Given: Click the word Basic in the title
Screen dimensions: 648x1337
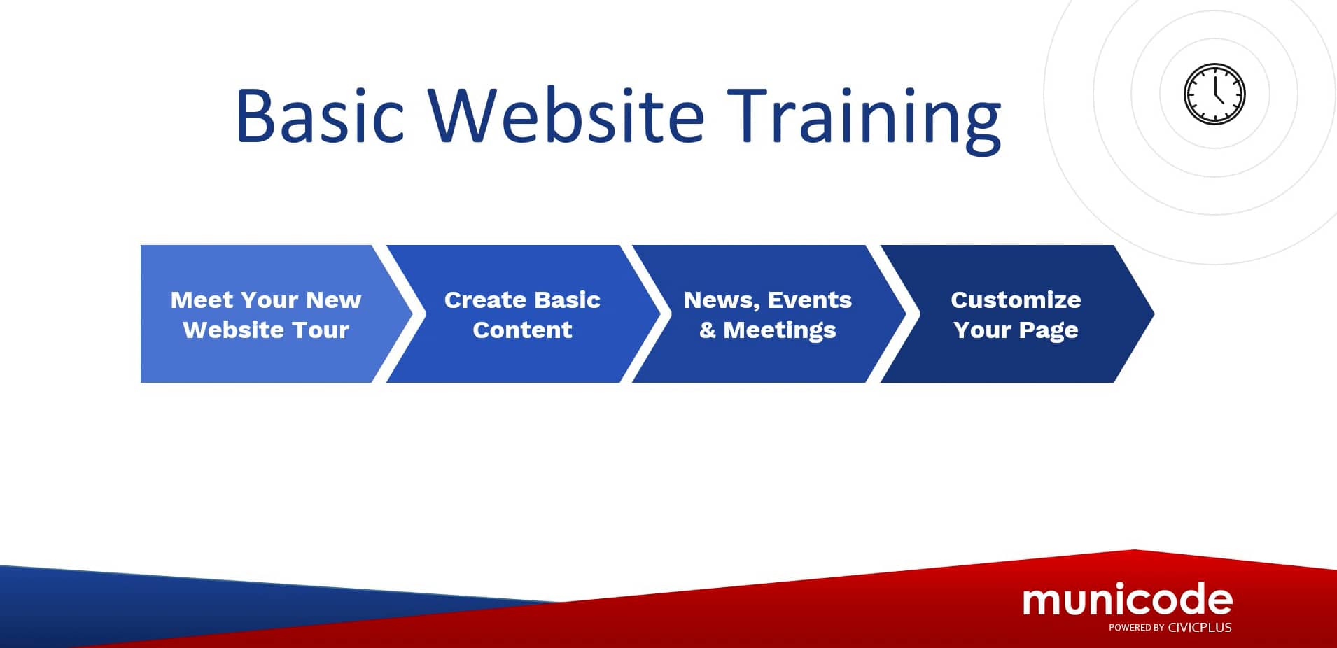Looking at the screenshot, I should click(x=320, y=116).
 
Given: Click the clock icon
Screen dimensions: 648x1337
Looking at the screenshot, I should click(x=1214, y=94).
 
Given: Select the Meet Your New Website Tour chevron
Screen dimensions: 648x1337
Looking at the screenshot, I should click(x=265, y=314).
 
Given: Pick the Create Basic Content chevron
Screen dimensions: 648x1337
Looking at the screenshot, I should click(x=521, y=314).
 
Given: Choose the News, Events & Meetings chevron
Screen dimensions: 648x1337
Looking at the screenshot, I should click(x=767, y=314).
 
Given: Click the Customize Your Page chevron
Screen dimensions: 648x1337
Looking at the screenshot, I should click(x=1015, y=314).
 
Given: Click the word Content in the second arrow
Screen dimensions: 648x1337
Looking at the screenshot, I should click(x=522, y=330).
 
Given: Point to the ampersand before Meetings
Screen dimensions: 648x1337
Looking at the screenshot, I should click(x=708, y=330).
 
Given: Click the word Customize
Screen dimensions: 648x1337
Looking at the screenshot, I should click(x=1015, y=300).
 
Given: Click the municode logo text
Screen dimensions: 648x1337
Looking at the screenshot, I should click(x=1127, y=599).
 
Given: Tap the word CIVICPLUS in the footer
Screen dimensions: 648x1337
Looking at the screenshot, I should click(x=1200, y=628).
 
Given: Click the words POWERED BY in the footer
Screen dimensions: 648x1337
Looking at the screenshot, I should click(x=1135, y=628).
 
